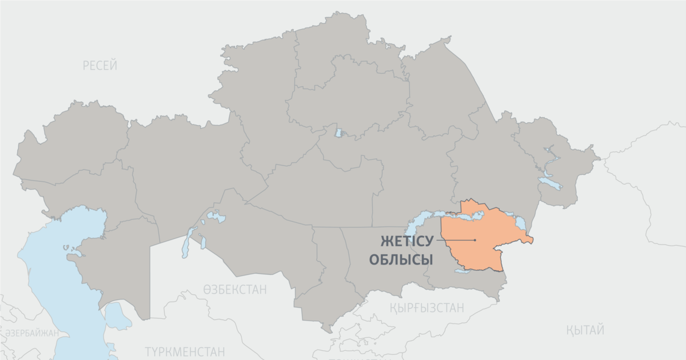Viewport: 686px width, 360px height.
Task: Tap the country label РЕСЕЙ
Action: point(100,66)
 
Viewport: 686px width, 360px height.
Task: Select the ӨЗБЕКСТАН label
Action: point(234,290)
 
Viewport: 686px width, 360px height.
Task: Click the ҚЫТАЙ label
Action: point(585,330)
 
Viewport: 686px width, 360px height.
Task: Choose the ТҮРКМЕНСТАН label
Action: point(185,351)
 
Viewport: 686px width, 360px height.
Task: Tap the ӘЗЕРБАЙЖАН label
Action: point(31,333)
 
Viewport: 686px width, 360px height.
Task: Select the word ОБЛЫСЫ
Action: point(401,260)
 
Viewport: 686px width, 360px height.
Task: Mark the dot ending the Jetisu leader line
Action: point(475,240)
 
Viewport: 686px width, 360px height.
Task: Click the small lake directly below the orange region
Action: point(461,272)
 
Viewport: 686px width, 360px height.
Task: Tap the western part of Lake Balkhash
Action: point(420,220)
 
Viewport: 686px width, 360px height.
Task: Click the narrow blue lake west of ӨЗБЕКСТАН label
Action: point(186,243)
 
